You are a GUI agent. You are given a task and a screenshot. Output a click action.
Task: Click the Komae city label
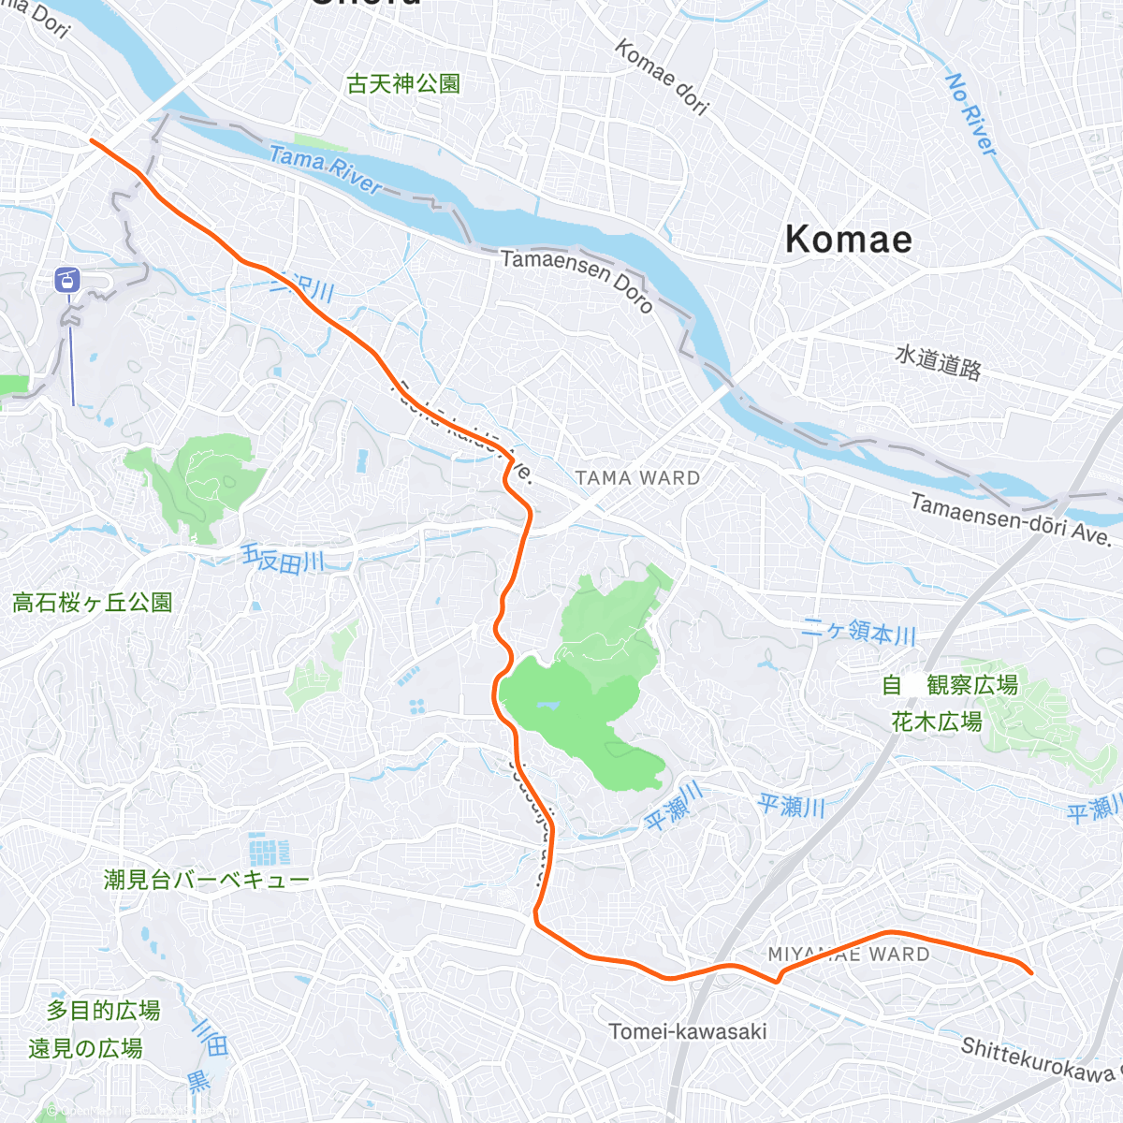point(848,240)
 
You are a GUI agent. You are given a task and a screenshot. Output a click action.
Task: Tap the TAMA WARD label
point(637,478)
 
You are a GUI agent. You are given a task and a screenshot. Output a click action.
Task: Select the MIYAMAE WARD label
point(849,955)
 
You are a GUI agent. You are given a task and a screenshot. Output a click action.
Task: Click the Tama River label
point(325,168)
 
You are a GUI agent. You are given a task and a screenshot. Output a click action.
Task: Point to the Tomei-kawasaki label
point(688,1031)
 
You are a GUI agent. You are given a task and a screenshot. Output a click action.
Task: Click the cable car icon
point(68,279)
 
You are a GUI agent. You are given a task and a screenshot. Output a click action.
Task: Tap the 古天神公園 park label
point(403,84)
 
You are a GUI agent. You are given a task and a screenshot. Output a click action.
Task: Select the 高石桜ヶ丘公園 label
point(93,603)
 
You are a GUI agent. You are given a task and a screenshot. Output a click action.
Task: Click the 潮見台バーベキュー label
point(206,880)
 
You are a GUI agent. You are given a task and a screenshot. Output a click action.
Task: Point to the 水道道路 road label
point(938,362)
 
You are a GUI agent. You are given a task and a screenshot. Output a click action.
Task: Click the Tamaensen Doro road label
point(576,279)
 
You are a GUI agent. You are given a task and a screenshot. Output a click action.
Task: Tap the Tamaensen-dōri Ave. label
point(1011,520)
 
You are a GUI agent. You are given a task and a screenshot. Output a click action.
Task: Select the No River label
point(971,113)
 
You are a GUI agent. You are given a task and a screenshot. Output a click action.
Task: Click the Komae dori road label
point(661,77)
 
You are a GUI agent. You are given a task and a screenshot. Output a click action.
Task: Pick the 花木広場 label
point(937,722)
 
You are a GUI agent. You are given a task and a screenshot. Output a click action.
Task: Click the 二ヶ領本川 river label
point(859,633)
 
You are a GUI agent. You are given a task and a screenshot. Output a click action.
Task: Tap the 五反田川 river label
point(283,560)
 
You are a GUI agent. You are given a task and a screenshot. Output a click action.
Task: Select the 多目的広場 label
point(103,1011)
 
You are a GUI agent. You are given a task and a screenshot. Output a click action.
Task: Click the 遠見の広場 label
point(85,1048)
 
